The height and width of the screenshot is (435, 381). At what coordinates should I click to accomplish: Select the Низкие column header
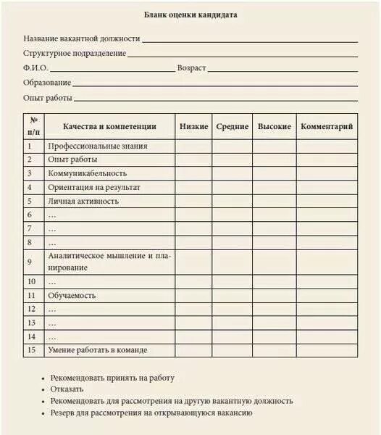[x=194, y=127]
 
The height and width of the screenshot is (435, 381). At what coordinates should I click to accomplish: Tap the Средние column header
[x=233, y=127]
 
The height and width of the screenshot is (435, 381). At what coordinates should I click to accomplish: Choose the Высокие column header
[x=275, y=127]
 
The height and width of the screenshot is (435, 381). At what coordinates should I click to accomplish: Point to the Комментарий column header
[x=327, y=127]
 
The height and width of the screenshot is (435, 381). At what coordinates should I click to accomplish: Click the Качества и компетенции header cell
[x=109, y=127]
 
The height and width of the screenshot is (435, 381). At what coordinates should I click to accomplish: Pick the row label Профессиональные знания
[x=98, y=146]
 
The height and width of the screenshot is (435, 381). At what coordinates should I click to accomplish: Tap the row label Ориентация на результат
[x=94, y=188]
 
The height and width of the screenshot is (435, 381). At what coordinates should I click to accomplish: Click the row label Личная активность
[x=83, y=202]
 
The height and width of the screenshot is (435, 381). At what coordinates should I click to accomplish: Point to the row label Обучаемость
[x=72, y=296]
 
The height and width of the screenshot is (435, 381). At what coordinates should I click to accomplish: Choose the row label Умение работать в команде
[x=98, y=351]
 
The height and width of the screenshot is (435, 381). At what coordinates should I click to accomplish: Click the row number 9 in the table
[x=30, y=262]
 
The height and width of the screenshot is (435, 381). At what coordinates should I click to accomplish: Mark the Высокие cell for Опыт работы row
[x=275, y=160]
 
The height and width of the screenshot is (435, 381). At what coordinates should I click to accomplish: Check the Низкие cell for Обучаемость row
[x=194, y=296]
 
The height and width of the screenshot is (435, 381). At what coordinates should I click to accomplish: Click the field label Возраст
[x=192, y=68]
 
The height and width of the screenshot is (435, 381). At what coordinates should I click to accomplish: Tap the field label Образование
[x=47, y=83]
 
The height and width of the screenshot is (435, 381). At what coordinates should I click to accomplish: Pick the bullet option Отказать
[x=67, y=389]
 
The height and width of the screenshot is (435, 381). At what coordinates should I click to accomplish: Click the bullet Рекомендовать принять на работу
[x=112, y=378]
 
